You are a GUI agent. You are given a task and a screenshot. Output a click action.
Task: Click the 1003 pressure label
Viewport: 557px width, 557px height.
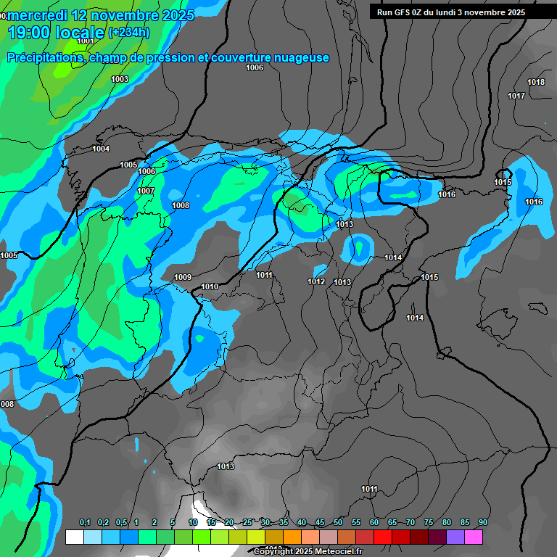point(120,79)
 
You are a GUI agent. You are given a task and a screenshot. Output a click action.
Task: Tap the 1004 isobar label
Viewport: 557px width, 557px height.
point(101,149)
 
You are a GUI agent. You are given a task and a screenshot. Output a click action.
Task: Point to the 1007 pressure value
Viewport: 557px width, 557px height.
point(146,191)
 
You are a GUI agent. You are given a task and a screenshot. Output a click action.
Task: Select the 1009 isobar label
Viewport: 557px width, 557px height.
point(183,277)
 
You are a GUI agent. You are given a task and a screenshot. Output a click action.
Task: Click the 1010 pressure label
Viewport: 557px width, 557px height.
point(210,286)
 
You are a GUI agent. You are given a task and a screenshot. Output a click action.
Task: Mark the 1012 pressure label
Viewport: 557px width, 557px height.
point(316,281)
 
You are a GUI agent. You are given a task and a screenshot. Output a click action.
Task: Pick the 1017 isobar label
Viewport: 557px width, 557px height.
point(516,96)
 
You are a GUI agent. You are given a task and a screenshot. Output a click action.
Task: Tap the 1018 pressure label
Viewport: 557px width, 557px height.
point(536,82)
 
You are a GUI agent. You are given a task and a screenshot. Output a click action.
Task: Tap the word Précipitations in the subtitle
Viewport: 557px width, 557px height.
point(44,57)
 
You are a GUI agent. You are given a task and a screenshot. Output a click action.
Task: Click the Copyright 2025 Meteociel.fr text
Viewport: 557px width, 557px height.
point(308,551)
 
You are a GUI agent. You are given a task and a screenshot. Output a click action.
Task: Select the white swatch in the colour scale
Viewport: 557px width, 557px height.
point(74,537)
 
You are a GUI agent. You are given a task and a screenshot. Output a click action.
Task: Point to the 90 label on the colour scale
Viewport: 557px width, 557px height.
point(482,522)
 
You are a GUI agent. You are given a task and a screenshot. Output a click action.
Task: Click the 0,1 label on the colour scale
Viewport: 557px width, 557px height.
point(84,522)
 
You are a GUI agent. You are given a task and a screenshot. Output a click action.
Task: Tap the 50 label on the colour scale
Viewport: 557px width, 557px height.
point(338,522)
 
